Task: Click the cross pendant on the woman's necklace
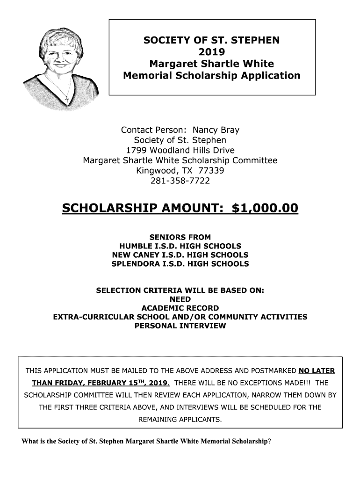[66, 99]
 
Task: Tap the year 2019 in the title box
[211, 51]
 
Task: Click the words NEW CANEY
[134, 255]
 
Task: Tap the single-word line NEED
[180, 299]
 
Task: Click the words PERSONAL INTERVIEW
[180, 326]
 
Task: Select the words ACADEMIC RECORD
[180, 308]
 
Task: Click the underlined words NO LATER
[317, 371]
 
